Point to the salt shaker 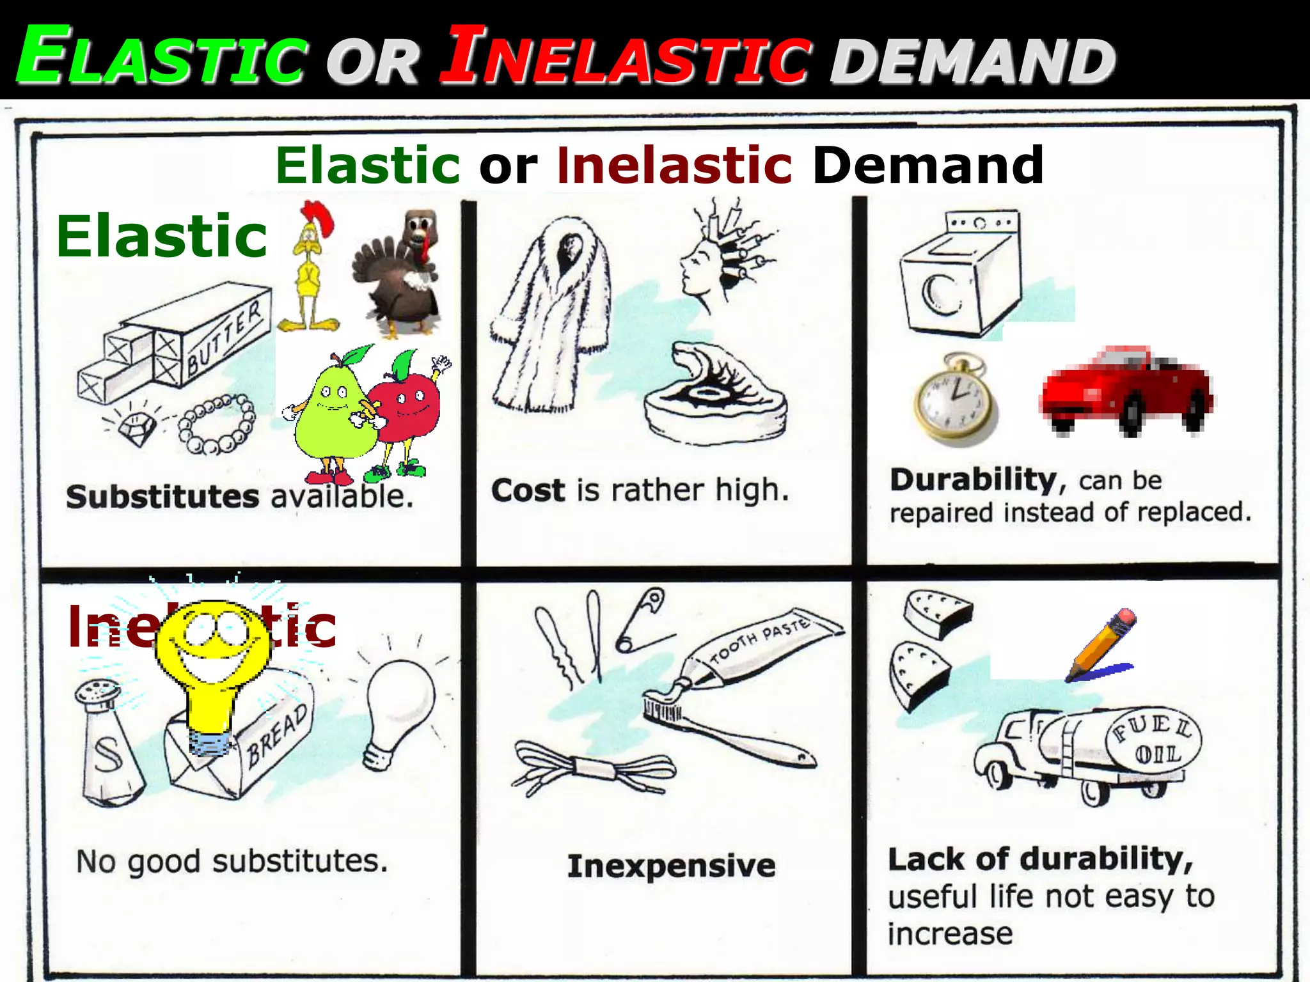[x=109, y=742]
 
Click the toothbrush [x=729, y=729]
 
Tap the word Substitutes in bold [x=162, y=497]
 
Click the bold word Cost [x=528, y=491]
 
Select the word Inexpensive [x=671, y=866]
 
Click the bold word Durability [x=972, y=479]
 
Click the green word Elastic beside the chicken [x=162, y=237]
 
